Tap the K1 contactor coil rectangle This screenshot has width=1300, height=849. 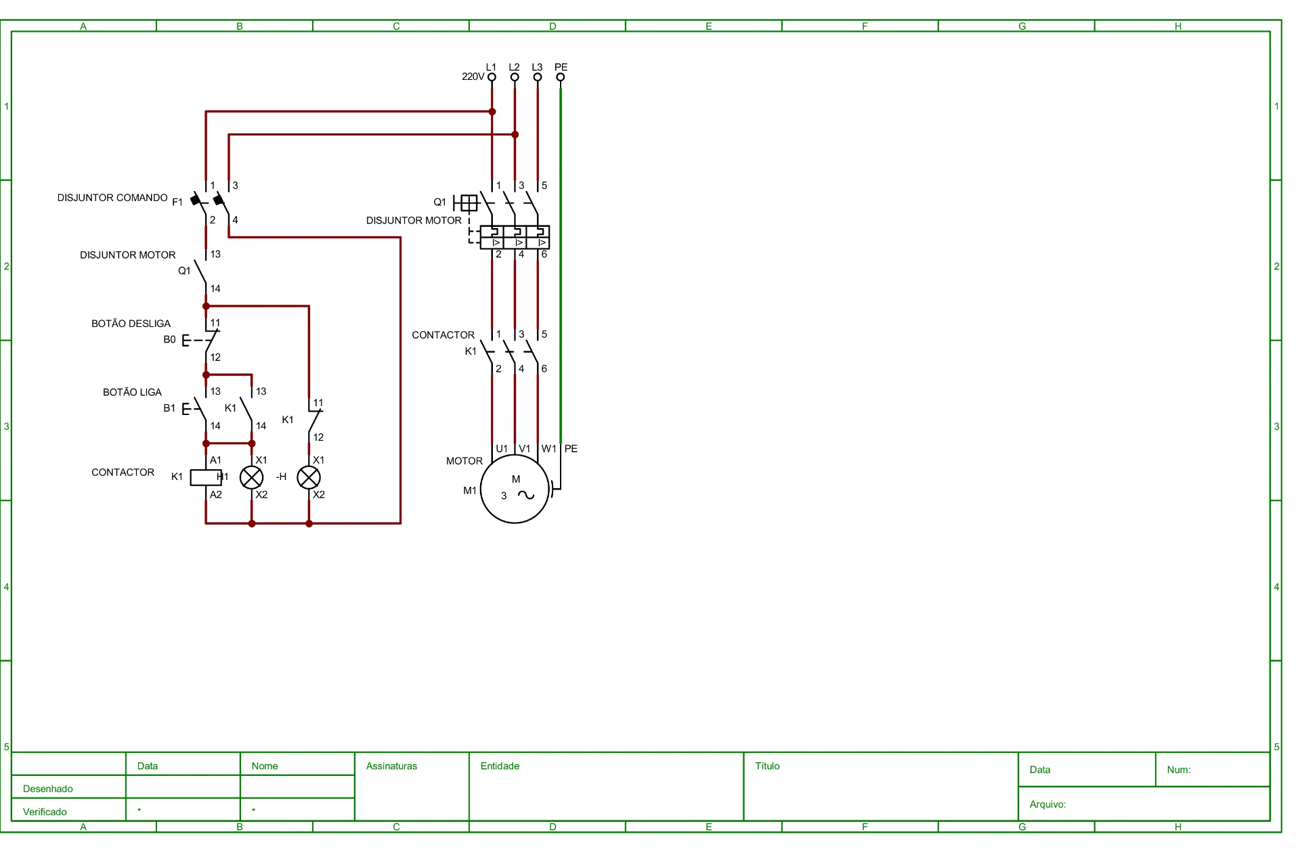coord(206,477)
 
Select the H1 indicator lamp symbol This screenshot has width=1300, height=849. coord(252,477)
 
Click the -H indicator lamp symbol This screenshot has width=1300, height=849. coord(309,477)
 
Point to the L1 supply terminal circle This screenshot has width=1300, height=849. coord(492,77)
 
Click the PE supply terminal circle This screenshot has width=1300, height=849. coord(561,77)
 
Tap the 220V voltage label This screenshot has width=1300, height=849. coord(473,77)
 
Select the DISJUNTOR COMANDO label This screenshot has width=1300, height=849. coord(112,198)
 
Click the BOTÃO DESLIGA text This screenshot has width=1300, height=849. coord(131,324)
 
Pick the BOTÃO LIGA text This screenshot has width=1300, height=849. coord(133,392)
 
